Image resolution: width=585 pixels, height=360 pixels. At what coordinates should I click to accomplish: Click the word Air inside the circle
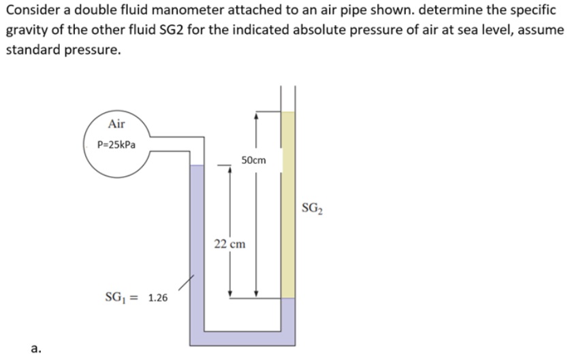pyautogui.click(x=116, y=124)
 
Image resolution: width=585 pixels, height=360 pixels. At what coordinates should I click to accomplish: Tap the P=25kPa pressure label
pyautogui.click(x=116, y=145)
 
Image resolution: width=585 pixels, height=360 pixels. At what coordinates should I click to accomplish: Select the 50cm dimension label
pyautogui.click(x=253, y=161)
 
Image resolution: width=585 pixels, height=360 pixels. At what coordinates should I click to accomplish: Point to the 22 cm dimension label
pyautogui.click(x=230, y=244)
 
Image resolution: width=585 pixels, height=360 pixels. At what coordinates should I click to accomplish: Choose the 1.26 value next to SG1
pyautogui.click(x=158, y=297)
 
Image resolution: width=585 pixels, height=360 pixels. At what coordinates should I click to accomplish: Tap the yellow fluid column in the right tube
pyautogui.click(x=288, y=204)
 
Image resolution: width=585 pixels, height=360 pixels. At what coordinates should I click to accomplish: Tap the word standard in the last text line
pyautogui.click(x=30, y=51)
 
